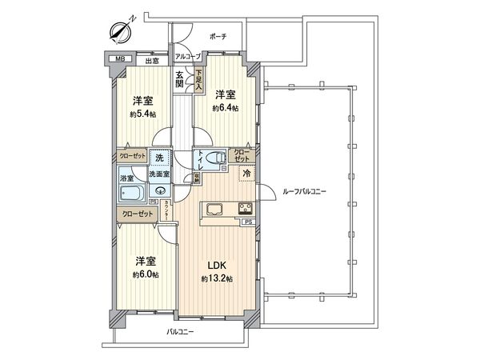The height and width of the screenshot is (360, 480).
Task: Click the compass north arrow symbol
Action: coord(121,31)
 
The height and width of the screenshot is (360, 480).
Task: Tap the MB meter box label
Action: coord(120,59)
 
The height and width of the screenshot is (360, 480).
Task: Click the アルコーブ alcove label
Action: coord(188,58)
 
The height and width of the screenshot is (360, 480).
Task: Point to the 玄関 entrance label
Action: coord(181,79)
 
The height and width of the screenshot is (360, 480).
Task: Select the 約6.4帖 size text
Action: coord(226,107)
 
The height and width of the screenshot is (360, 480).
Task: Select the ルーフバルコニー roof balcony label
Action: coord(305,192)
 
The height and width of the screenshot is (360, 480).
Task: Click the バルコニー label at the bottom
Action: coord(182,331)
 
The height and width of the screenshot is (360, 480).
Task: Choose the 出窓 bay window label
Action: coord(151,59)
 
